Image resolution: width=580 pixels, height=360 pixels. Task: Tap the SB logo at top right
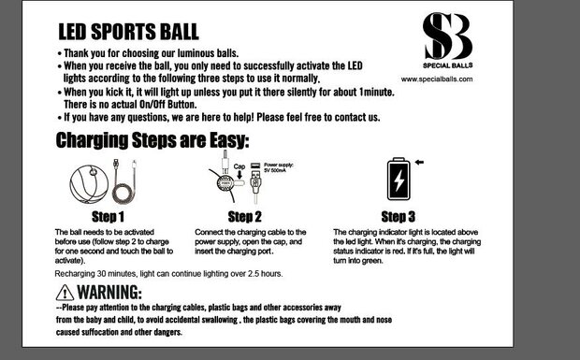coord(447,36)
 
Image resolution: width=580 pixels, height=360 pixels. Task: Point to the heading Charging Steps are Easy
coord(152,142)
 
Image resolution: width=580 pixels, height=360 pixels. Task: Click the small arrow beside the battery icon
coord(421,162)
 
